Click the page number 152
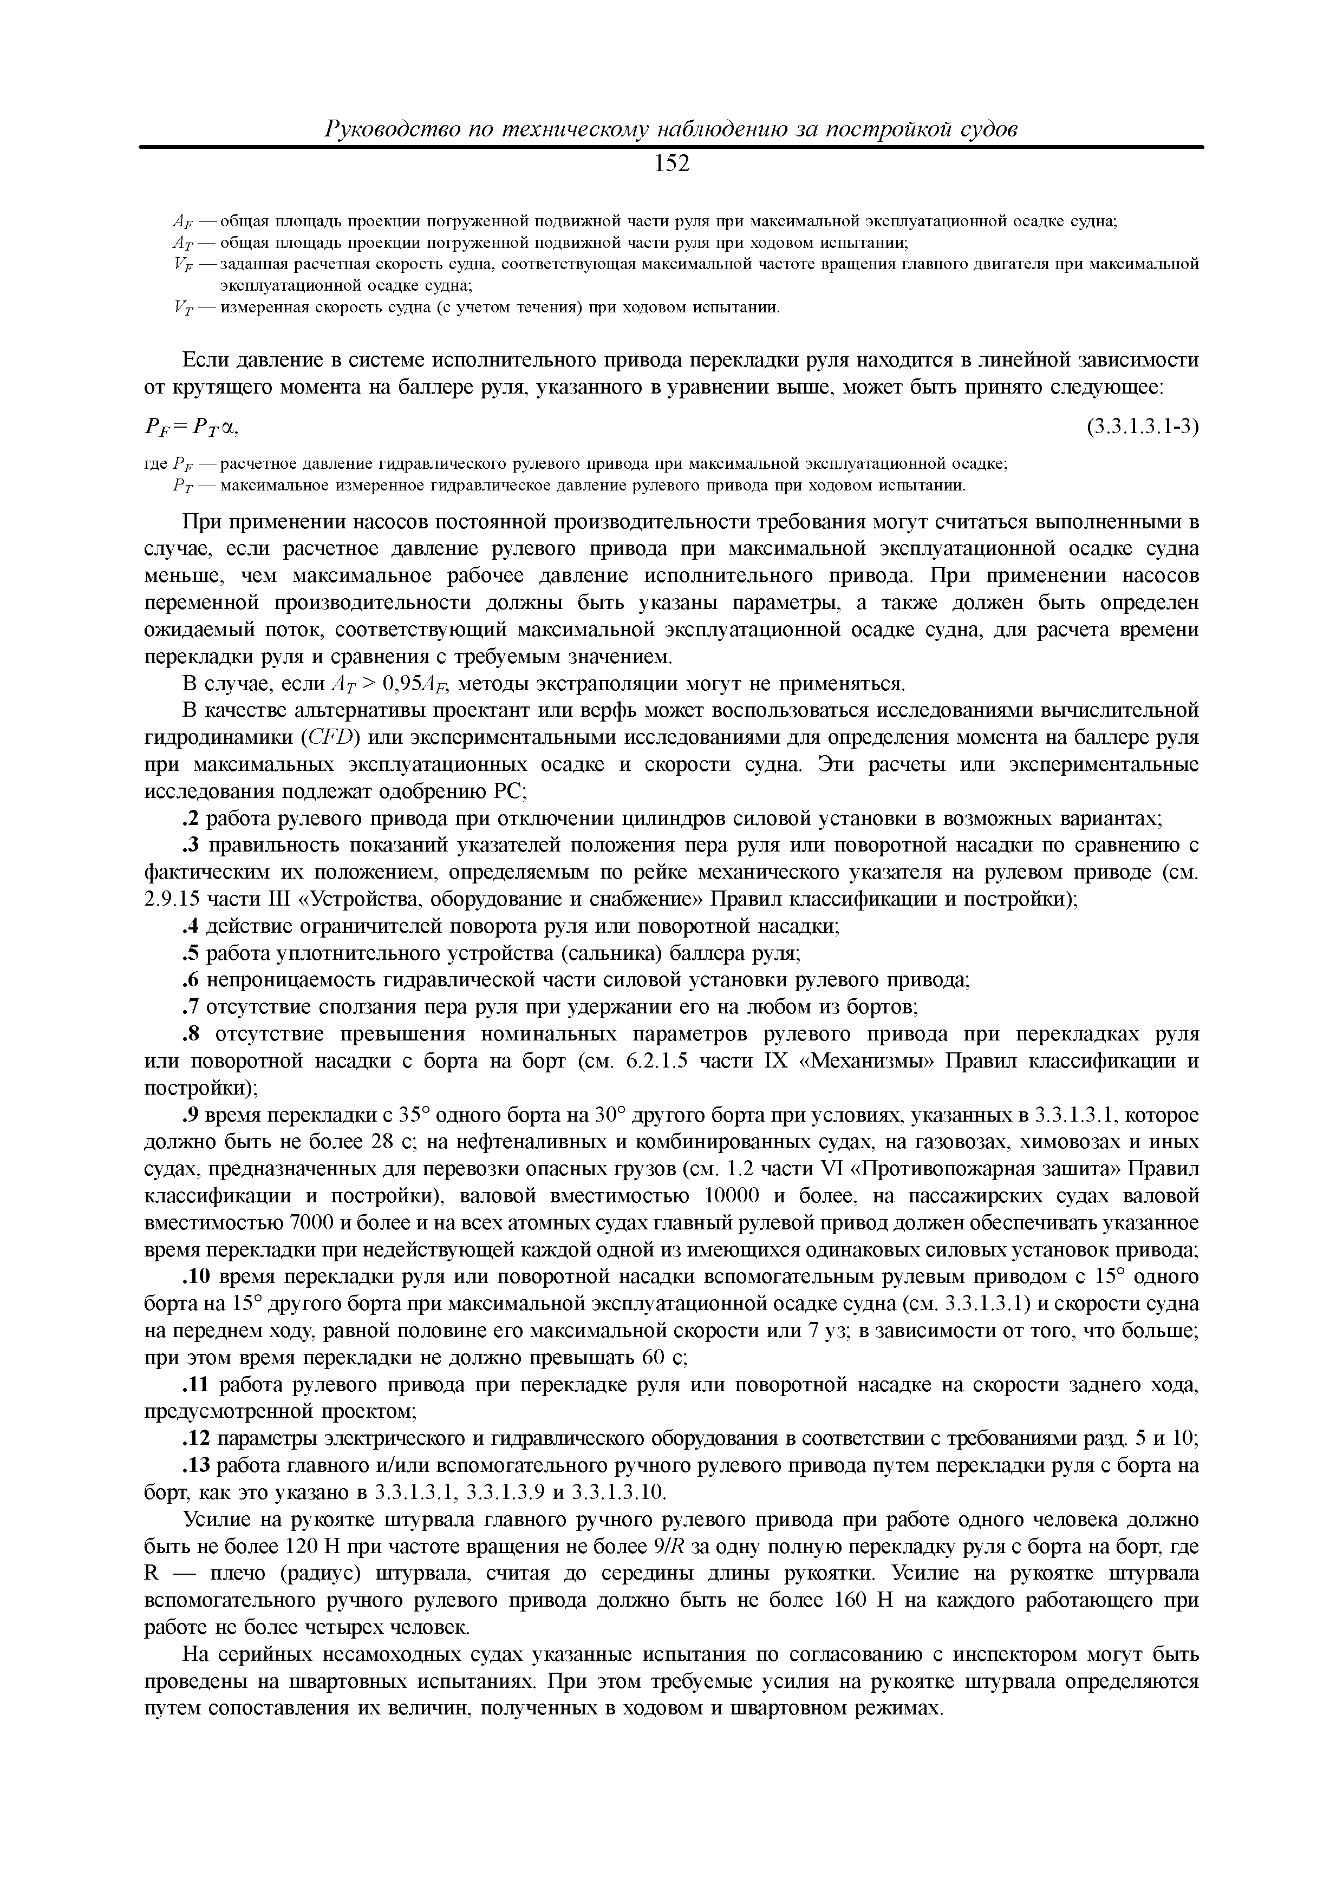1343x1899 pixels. [x=671, y=164]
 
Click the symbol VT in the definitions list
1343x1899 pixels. [x=183, y=309]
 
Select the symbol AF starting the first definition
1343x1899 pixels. [x=181, y=221]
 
